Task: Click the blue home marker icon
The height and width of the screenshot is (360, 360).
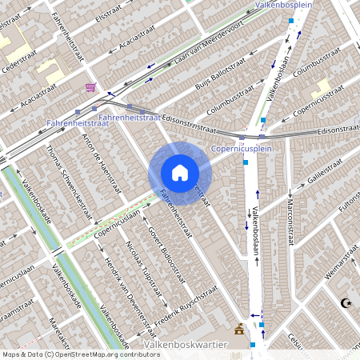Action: pyautogui.click(x=180, y=172)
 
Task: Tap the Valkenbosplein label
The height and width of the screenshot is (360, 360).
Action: pyautogui.click(x=282, y=5)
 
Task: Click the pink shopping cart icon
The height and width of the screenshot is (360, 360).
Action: pyautogui.click(x=90, y=86)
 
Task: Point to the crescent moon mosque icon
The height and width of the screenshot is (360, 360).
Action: pyautogui.click(x=346, y=303)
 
